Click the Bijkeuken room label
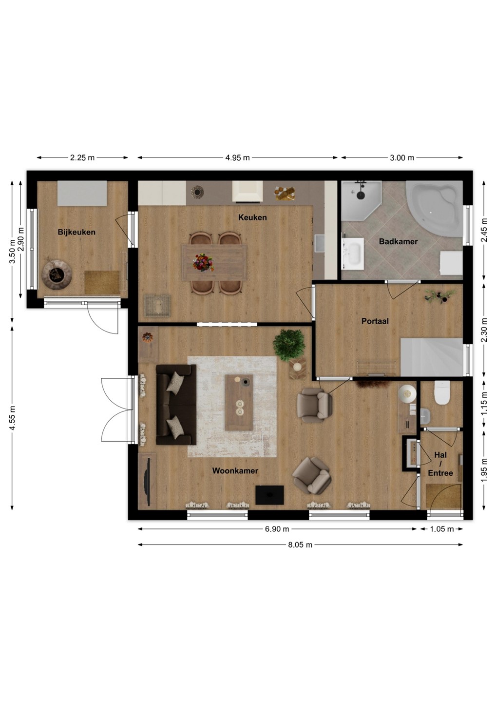pyautogui.click(x=76, y=232)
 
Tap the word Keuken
pyautogui.click(x=252, y=217)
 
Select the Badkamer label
pyautogui.click(x=398, y=242)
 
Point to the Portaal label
pyautogui.click(x=375, y=321)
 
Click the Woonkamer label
pyautogui.click(x=235, y=471)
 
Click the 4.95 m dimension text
pyautogui.click(x=237, y=157)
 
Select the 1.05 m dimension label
pyautogui.click(x=442, y=529)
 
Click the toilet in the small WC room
pyautogui.click(x=442, y=392)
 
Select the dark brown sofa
pyautogui.click(x=176, y=405)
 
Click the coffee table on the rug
pyautogui.click(x=239, y=403)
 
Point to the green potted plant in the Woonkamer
pyautogui.click(x=289, y=345)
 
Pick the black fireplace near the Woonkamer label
pyautogui.click(x=269, y=495)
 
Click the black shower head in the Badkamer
pyautogui.click(x=361, y=195)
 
